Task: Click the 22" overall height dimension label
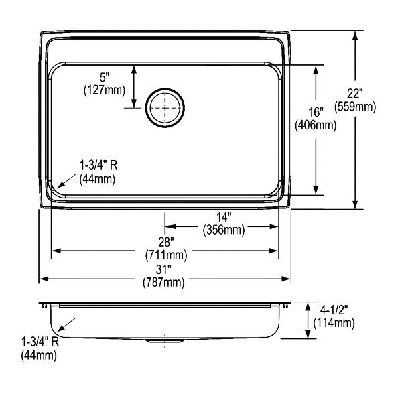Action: (355, 94)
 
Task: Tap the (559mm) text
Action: (355, 107)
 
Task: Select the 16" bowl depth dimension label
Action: (316, 113)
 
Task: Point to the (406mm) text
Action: (316, 125)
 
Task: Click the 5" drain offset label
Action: (105, 77)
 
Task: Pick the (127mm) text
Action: (105, 90)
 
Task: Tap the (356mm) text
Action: (224, 230)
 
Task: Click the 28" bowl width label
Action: (166, 242)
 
